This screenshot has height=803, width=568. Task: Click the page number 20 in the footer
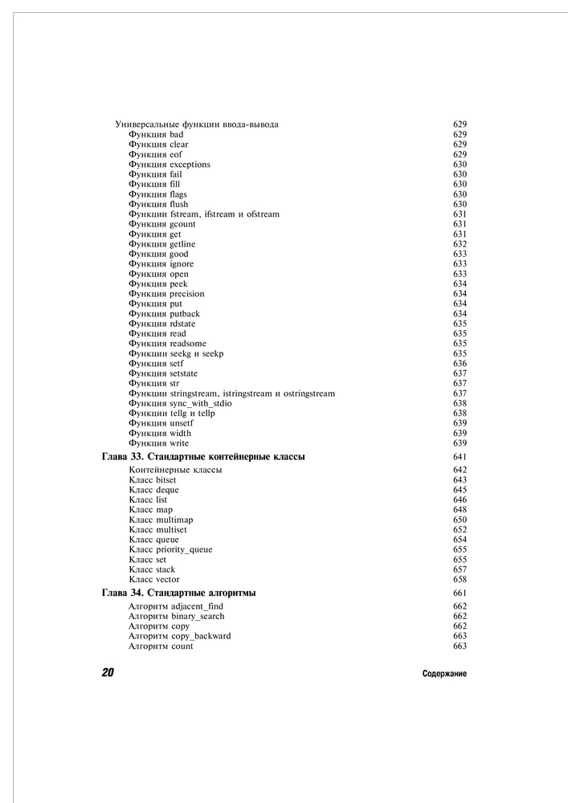(x=107, y=673)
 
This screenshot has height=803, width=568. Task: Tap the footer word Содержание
(x=444, y=674)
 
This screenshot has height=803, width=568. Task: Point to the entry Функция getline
(x=161, y=244)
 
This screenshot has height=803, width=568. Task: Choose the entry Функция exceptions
(x=169, y=165)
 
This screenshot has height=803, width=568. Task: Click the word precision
(x=187, y=294)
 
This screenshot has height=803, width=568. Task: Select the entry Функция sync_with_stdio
(x=180, y=403)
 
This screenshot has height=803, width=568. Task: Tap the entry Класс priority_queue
(x=170, y=549)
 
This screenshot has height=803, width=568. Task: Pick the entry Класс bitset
(x=152, y=479)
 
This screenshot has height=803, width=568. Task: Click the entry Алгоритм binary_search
(x=176, y=616)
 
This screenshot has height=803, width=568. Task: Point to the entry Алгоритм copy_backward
(x=179, y=636)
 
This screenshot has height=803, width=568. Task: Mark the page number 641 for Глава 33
(x=460, y=457)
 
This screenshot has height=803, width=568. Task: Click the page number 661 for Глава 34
(x=460, y=593)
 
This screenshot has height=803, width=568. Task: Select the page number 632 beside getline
(x=460, y=244)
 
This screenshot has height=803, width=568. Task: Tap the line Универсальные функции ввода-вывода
(x=198, y=124)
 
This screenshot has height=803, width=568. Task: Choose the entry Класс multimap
(x=161, y=520)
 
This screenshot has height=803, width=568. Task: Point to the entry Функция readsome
(x=167, y=344)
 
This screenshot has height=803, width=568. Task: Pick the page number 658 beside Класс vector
(x=460, y=579)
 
